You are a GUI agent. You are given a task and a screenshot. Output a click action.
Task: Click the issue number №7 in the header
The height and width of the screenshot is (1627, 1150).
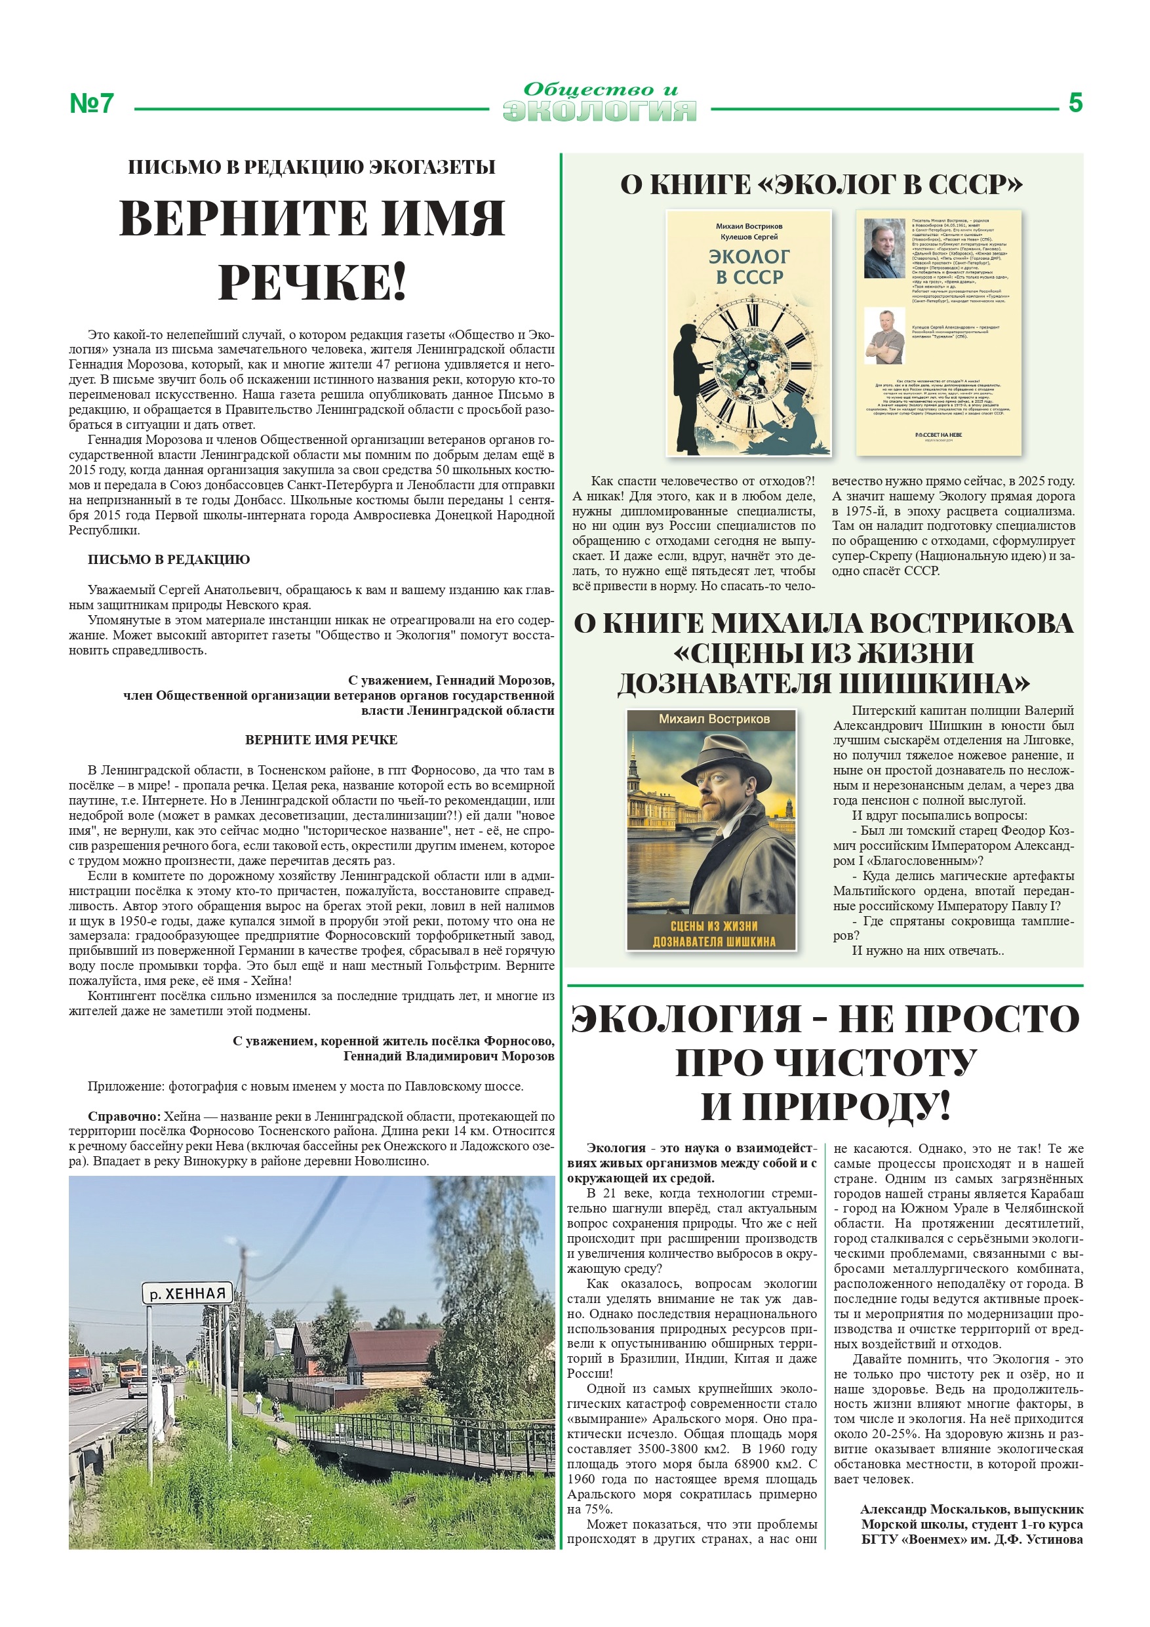tap(91, 104)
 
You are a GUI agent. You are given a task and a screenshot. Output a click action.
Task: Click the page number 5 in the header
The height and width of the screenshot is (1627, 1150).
tap(1075, 104)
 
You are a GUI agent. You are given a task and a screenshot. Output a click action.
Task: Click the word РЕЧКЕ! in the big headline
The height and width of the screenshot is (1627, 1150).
tap(312, 282)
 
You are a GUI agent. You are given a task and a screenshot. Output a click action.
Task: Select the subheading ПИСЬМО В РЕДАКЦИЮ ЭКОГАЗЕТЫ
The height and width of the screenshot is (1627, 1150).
tap(312, 167)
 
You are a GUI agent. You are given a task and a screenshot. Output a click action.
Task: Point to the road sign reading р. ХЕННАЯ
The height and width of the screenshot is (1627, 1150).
tap(188, 1293)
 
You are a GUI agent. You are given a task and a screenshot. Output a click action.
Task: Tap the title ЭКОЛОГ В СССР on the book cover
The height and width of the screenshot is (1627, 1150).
tap(749, 266)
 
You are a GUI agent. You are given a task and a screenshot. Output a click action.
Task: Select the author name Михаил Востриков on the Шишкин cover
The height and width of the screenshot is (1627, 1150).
tap(713, 719)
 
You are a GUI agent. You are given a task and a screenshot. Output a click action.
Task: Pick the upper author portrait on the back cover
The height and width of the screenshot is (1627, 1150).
tap(884, 248)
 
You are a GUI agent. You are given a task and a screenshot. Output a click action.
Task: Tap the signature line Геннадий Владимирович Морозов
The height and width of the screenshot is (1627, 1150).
tap(448, 1056)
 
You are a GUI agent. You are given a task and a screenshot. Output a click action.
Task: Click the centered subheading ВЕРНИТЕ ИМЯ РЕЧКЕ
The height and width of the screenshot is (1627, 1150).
tap(321, 740)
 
